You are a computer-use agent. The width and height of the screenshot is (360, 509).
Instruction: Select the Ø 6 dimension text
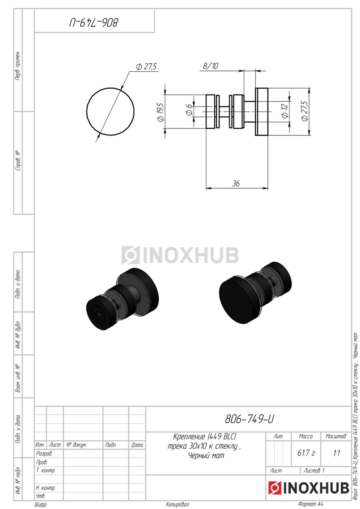[189, 110]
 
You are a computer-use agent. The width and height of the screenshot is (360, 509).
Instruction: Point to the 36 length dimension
[236, 183]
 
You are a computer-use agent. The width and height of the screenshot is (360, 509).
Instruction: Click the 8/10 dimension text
[211, 66]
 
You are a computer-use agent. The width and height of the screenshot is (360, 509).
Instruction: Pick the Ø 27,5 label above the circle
[146, 67]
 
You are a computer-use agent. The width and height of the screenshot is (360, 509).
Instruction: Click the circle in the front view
[87, 112]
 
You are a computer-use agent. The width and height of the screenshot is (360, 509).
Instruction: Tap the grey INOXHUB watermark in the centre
[180, 255]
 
